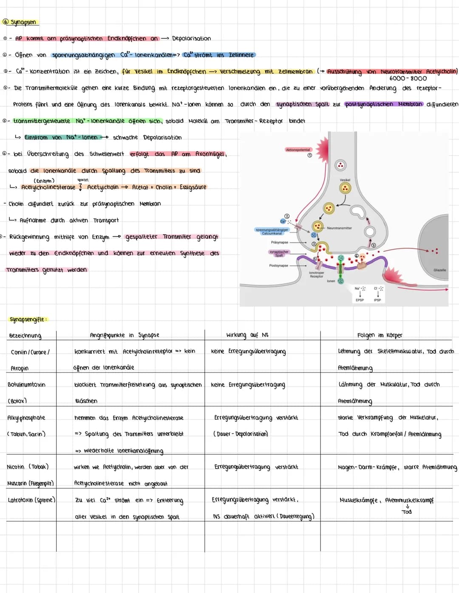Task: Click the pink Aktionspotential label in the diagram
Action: [x=298, y=150]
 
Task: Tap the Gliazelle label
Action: [x=439, y=270]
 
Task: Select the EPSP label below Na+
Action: [x=360, y=300]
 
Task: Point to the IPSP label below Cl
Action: [x=377, y=300]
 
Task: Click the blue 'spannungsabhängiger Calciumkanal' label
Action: [x=272, y=231]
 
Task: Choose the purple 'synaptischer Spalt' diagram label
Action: [x=279, y=253]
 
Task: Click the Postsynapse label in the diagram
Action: [x=278, y=266]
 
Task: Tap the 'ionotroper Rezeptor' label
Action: [x=317, y=274]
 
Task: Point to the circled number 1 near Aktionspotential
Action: [x=310, y=156]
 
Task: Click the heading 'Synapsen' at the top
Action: [x=23, y=22]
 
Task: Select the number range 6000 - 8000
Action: [x=408, y=79]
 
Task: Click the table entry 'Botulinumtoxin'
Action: [x=26, y=385]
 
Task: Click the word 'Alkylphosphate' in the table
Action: [x=26, y=418]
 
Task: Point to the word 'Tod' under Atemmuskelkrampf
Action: [x=407, y=512]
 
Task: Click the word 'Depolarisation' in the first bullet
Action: [x=191, y=39]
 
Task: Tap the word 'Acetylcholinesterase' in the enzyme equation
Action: [x=48, y=187]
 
